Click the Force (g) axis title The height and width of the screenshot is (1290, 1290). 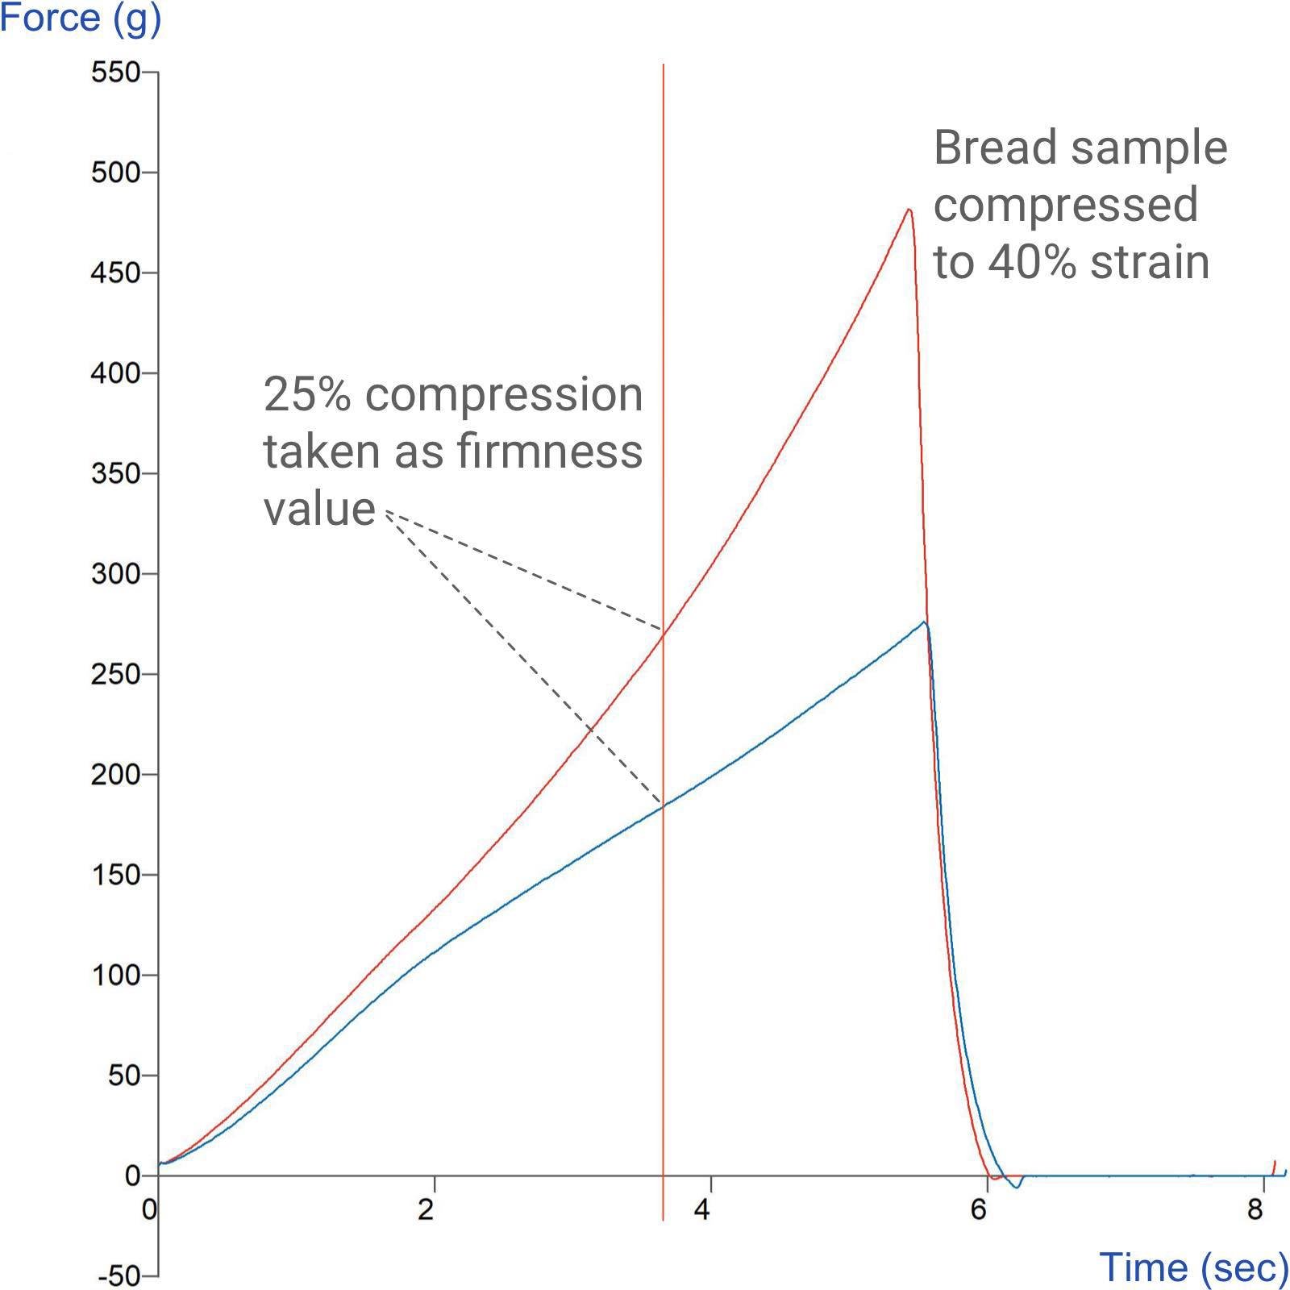[x=81, y=18]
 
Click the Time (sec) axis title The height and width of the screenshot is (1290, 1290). [x=1193, y=1267]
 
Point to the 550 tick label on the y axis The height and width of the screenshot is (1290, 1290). [x=115, y=73]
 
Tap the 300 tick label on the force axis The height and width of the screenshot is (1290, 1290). [x=115, y=574]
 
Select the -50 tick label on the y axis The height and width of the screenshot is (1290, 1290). [x=119, y=1276]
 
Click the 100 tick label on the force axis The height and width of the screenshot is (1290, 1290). [x=115, y=976]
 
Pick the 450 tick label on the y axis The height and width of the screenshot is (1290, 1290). [x=115, y=273]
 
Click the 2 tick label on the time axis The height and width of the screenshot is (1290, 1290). [x=426, y=1209]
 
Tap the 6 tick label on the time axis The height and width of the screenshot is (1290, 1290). [x=978, y=1209]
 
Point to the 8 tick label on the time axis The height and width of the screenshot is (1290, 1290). [x=1255, y=1209]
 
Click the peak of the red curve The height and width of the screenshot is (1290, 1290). [x=909, y=210]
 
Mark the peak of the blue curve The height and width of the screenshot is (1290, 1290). [x=924, y=622]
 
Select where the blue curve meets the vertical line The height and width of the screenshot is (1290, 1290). [x=663, y=806]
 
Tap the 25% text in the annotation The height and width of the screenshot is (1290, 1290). [x=307, y=394]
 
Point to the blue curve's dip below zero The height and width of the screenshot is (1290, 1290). [x=1017, y=1185]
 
